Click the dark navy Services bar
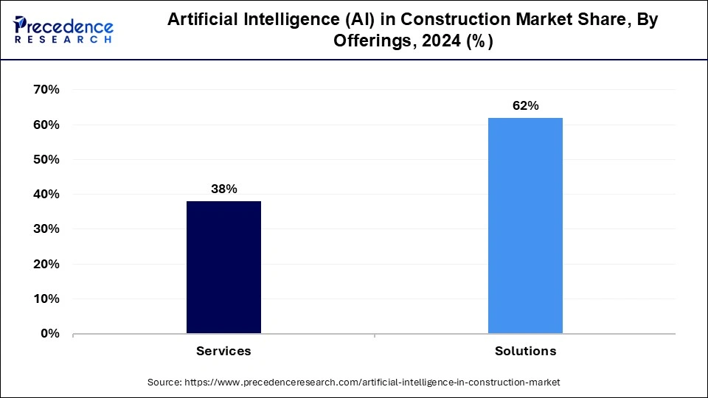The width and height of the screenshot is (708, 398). coord(223,267)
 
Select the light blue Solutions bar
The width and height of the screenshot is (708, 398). coord(525,226)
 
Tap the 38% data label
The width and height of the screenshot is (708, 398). coord(223,189)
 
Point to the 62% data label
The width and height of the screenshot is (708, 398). coord(525,106)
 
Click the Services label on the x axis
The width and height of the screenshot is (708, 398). coord(223,352)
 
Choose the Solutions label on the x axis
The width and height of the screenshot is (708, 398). coord(525,352)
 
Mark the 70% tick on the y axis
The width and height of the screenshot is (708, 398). coord(46,90)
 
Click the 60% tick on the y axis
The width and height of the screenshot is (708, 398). coord(46,125)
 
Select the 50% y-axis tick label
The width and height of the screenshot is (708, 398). coord(46,159)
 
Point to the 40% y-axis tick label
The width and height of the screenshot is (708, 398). coord(46,195)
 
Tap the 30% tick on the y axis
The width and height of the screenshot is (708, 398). coord(46,229)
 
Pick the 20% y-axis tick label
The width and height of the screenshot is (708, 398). coord(46,264)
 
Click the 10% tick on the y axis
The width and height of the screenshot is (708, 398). coord(46,298)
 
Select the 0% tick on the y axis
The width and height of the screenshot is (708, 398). coord(49,334)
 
